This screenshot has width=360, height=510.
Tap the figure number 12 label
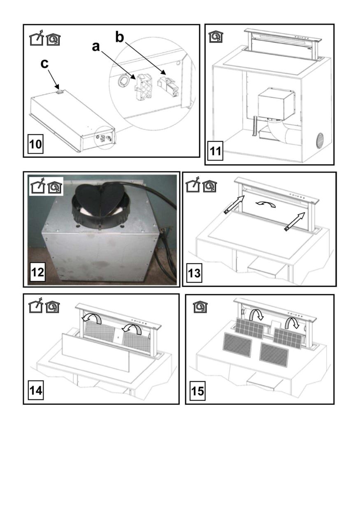click(x=37, y=272)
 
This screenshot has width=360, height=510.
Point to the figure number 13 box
click(x=194, y=273)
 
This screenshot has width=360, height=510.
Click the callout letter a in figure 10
click(x=96, y=46)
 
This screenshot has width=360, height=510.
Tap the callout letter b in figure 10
click(x=120, y=37)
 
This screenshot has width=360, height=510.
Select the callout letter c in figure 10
click(x=44, y=64)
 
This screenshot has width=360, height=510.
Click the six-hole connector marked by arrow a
click(x=142, y=86)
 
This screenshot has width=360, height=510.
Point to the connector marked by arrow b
click(x=167, y=86)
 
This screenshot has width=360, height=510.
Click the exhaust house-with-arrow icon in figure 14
click(x=36, y=305)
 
